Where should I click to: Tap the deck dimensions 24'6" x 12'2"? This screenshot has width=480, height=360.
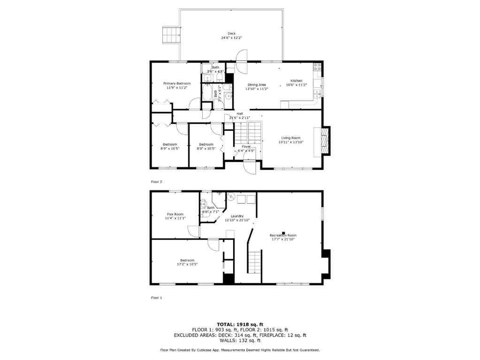click(x=231, y=37)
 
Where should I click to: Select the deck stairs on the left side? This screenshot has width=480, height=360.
click(x=171, y=34)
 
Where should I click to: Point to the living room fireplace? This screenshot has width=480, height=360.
click(x=325, y=139)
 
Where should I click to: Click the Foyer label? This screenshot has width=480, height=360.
click(x=246, y=147)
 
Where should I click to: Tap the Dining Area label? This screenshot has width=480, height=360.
click(x=257, y=85)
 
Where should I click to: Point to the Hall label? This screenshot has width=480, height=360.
click(x=240, y=113)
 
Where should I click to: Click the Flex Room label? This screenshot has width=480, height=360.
click(x=175, y=214)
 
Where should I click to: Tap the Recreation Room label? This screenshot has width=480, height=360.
click(x=282, y=235)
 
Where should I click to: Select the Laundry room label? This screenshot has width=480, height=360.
click(x=236, y=216)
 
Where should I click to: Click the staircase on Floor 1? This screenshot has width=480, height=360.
click(x=253, y=261)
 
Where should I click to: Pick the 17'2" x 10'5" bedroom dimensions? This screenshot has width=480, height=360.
click(x=187, y=264)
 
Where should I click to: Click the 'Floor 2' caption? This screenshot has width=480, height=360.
click(x=157, y=181)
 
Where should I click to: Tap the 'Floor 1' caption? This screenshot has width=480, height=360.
click(x=157, y=298)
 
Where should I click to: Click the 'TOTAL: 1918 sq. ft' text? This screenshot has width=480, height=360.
click(x=240, y=324)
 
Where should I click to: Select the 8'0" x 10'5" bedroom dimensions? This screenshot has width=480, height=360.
click(x=206, y=149)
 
